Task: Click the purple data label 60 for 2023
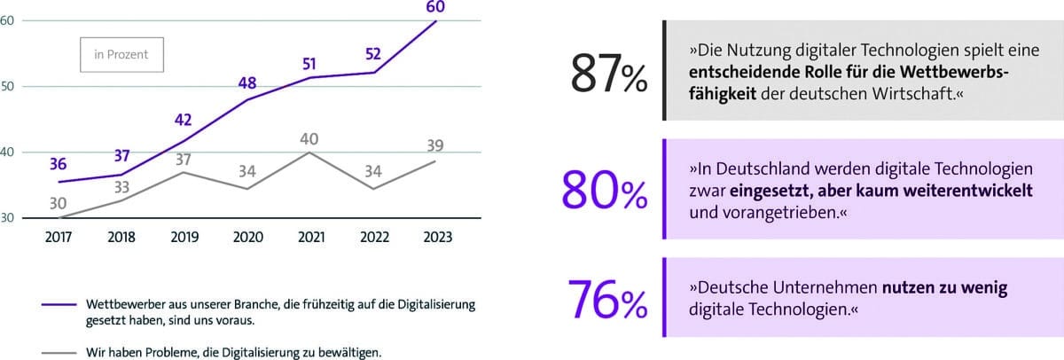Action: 436,8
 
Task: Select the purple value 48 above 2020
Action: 246,84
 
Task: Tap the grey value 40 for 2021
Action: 309,138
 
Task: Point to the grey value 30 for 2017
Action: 59,203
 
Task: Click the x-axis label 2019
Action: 184,237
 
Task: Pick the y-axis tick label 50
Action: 6,87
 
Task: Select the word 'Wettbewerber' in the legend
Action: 124,304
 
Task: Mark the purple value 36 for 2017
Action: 59,164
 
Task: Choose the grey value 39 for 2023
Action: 436,145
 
